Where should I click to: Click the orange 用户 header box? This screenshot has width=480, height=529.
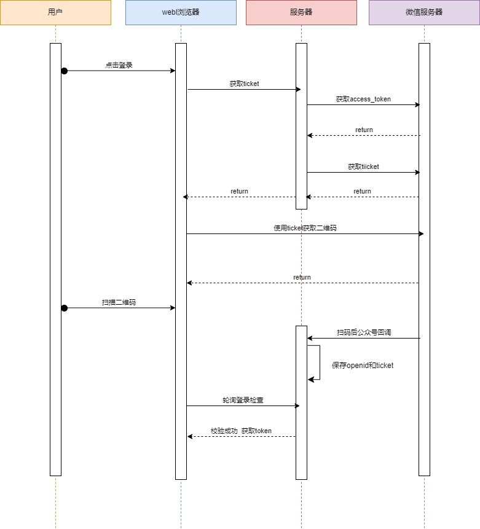tap(55, 12)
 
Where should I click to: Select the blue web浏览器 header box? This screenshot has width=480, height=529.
tap(181, 12)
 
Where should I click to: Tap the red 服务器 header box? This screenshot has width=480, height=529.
tap(301, 12)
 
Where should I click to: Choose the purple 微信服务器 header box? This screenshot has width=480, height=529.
tap(424, 12)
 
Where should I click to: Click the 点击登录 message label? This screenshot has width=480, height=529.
tap(119, 65)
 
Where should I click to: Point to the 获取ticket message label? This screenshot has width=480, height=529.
tap(245, 84)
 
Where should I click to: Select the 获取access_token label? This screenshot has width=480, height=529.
tap(363, 99)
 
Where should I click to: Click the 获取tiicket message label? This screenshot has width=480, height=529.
tap(363, 167)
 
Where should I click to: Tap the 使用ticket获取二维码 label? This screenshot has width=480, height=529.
tap(305, 228)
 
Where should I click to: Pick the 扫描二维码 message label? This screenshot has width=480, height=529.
tap(119, 302)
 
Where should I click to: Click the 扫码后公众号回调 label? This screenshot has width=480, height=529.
tap(364, 332)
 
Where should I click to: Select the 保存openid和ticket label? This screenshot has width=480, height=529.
tap(363, 366)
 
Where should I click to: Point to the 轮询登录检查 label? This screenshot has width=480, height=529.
tap(243, 400)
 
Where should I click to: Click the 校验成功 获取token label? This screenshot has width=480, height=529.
tap(241, 431)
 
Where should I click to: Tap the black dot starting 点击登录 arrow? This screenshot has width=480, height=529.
tap(64, 71)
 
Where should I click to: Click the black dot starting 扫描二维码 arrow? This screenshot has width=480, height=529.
tap(64, 308)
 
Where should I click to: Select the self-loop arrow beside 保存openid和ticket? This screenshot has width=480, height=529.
tap(318, 362)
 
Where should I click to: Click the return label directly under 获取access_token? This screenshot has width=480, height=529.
tap(364, 130)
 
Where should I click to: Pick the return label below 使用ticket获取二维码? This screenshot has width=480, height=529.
tap(302, 278)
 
